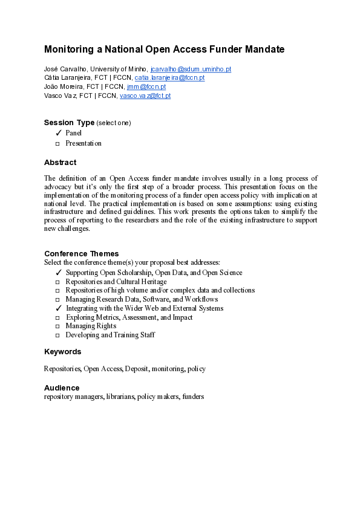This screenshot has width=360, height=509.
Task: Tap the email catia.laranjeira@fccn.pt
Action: [x=169, y=78]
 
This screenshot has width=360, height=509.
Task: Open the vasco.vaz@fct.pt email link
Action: [x=145, y=96]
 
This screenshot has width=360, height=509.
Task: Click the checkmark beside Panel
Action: [x=59, y=133]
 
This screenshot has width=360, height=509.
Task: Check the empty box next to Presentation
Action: [x=58, y=144]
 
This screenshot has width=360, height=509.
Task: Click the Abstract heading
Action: [x=61, y=163]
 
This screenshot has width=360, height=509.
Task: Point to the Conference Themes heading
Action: [x=82, y=254]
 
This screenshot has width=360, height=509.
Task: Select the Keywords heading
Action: [x=62, y=352]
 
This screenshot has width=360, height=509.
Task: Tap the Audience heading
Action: [x=62, y=387]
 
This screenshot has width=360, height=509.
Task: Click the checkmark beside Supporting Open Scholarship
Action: [x=59, y=273]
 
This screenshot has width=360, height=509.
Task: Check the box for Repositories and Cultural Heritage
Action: [x=58, y=282]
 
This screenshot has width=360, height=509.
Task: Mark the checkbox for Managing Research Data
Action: [x=58, y=299]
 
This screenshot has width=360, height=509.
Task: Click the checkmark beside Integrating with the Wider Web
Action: [x=59, y=308]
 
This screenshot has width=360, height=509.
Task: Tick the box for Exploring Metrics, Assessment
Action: [x=58, y=317]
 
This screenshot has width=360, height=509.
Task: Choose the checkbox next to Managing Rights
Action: [x=58, y=326]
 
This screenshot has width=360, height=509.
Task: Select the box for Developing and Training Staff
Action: [x=58, y=335]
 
